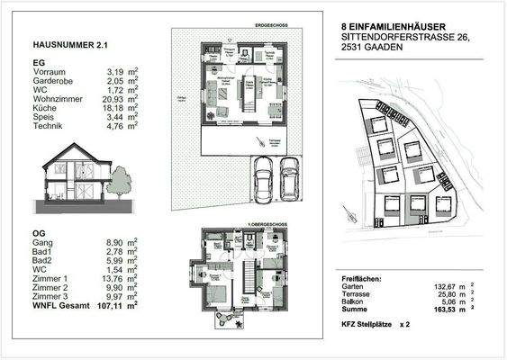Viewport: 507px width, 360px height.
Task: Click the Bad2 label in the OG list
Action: tap(42, 265)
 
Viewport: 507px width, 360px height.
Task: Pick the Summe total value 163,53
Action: tap(447, 310)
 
